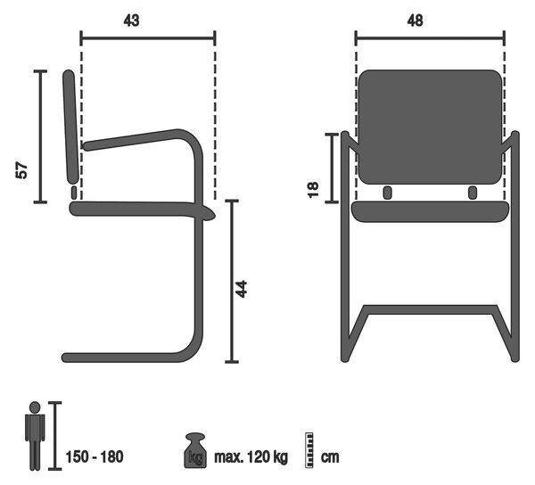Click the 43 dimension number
pyautogui.click(x=132, y=21)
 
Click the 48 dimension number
pyautogui.click(x=416, y=21)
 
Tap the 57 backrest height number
pyautogui.click(x=21, y=170)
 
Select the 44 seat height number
pyautogui.click(x=242, y=289)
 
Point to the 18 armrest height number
pyautogui.click(x=313, y=190)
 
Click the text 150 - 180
pyautogui.click(x=95, y=456)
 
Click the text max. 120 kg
pyautogui.click(x=251, y=456)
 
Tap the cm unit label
pyautogui.click(x=330, y=457)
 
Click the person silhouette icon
pyautogui.click(x=35, y=436)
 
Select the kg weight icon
pyautogui.click(x=195, y=450)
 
